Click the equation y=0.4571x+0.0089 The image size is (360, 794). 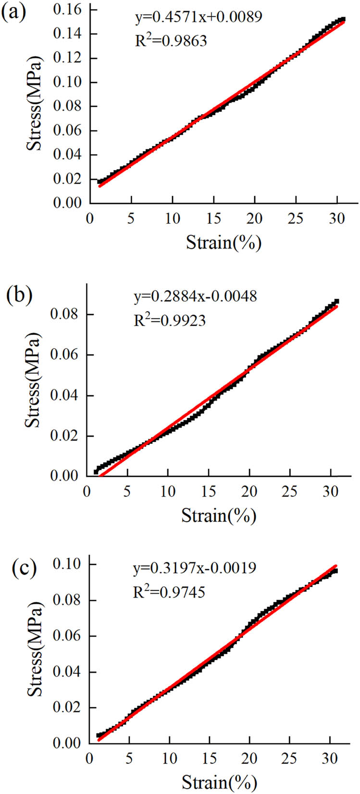pyautogui.click(x=198, y=17)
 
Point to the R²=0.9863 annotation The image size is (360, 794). pyautogui.click(x=171, y=40)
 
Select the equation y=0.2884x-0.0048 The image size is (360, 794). pyautogui.click(x=195, y=296)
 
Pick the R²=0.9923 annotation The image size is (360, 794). pyautogui.click(x=169, y=319)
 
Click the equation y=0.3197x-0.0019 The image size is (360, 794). pyautogui.click(x=195, y=567)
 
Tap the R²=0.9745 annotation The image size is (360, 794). pyautogui.click(x=169, y=591)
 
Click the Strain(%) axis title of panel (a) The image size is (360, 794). pyautogui.click(x=223, y=243)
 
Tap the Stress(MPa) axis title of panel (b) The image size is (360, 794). pyautogui.click(x=33, y=379)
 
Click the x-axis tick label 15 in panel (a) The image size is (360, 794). pyautogui.click(x=214, y=219)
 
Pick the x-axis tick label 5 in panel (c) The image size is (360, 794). pyautogui.click(x=129, y=758)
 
